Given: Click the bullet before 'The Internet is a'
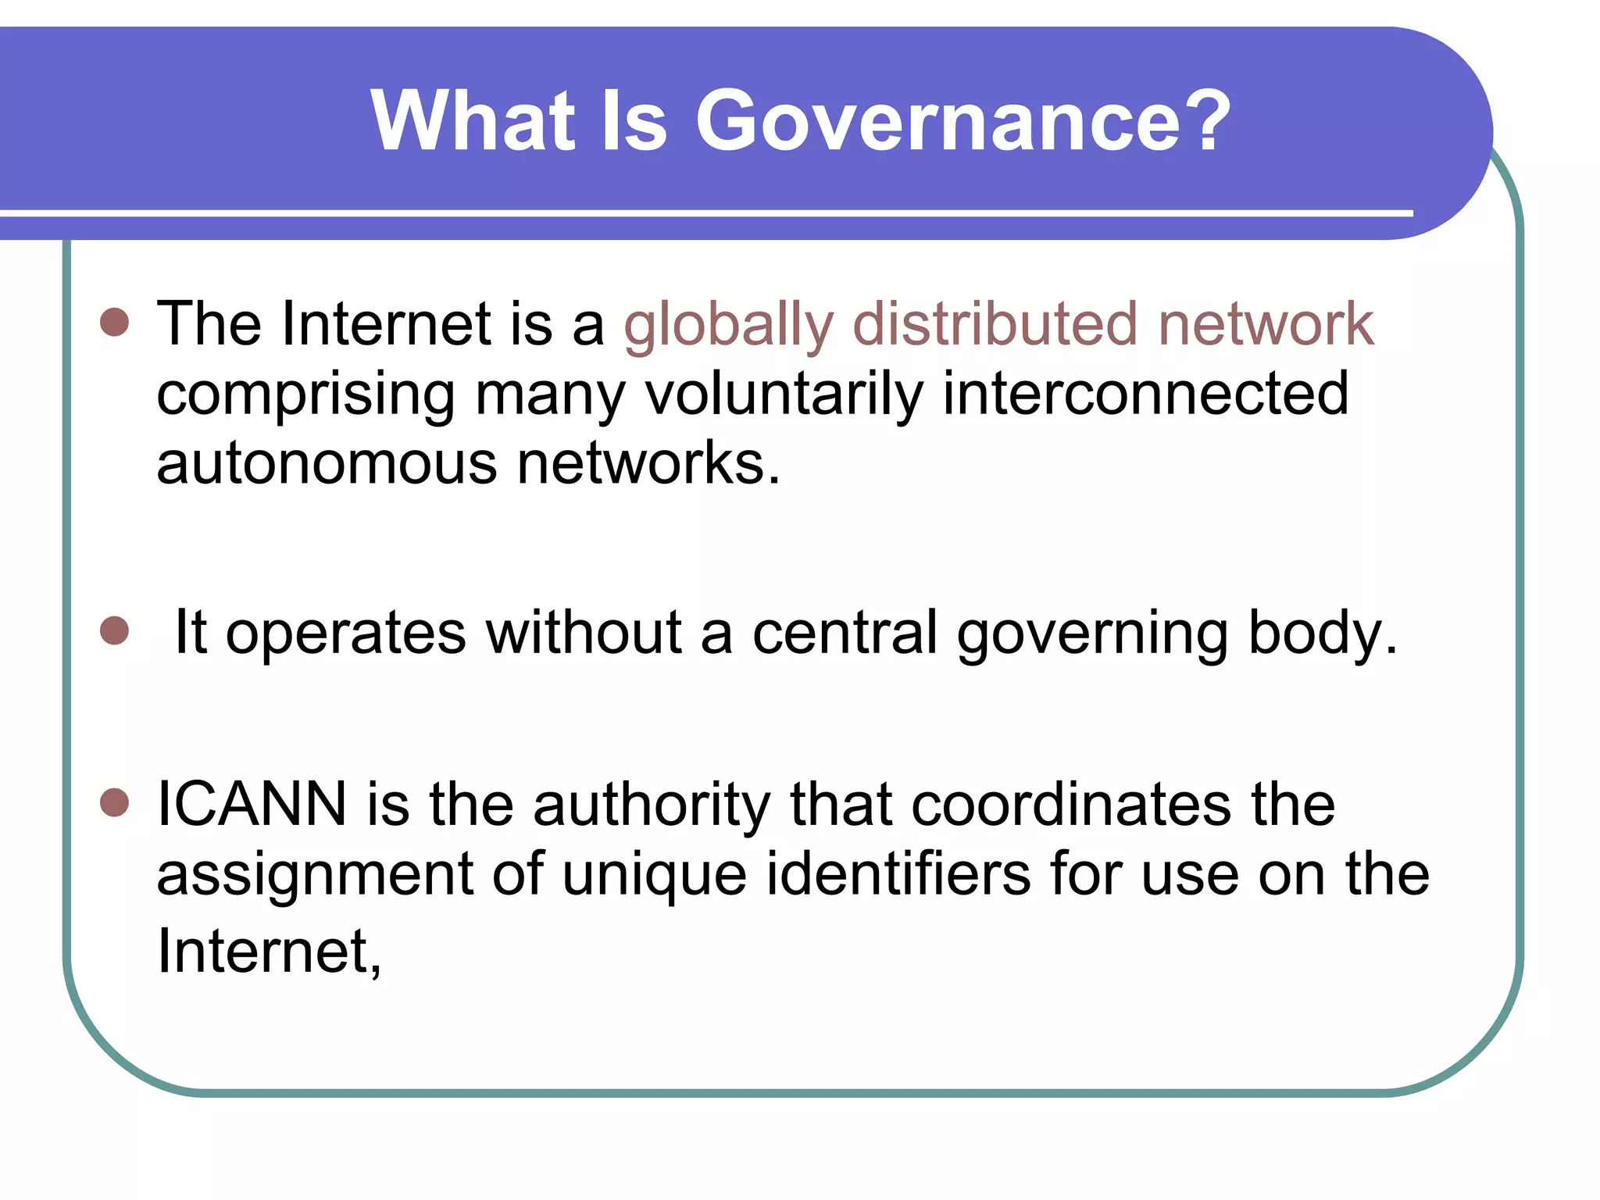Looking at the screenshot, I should coord(115,322).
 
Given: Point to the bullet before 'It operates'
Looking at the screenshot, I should coord(115,630).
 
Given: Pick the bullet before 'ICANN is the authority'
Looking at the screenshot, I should coord(115,802).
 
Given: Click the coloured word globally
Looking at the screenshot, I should coord(729,325).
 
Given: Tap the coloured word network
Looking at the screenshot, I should coord(1266,323).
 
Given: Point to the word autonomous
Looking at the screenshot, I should coord(327,463).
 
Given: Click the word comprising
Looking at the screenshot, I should coord(306,395).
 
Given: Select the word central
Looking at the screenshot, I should coord(845,632).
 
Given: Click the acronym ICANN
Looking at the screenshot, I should coord(252,804).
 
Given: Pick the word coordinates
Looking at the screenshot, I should coord(1123,804).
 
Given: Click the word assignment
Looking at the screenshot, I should coord(315,876).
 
